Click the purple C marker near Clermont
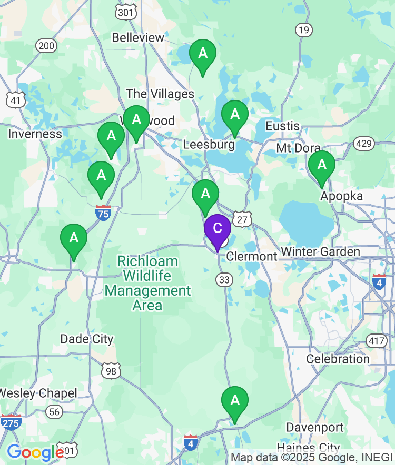[x=217, y=228]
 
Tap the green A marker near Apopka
[x=321, y=165]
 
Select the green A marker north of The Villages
[x=203, y=54]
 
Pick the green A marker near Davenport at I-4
[x=235, y=401]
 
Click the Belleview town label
[x=138, y=37]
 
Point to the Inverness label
[x=35, y=134]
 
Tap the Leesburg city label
[x=209, y=144]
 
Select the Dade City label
[x=87, y=339]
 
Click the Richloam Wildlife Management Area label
[x=147, y=283]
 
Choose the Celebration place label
[x=338, y=359]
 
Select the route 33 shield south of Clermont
[x=224, y=280]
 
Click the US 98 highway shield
[x=112, y=371]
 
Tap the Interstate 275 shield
[x=11, y=422]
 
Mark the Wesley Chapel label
[x=38, y=393]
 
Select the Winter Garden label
[x=320, y=252]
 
